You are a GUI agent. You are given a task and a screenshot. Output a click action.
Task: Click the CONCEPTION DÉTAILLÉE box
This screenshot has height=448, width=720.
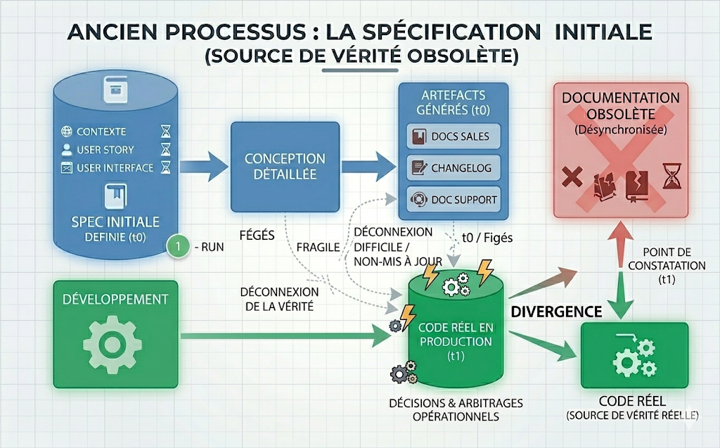click(285, 166)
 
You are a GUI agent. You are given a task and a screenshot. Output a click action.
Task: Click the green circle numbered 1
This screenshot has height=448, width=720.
click(179, 246)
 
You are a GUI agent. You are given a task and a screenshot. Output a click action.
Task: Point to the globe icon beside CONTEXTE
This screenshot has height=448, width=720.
click(67, 132)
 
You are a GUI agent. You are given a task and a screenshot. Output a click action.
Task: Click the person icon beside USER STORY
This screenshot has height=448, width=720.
click(67, 150)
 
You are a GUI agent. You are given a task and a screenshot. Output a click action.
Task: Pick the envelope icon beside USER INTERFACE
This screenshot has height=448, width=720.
click(67, 168)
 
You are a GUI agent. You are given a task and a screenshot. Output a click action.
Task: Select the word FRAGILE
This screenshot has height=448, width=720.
click(319, 248)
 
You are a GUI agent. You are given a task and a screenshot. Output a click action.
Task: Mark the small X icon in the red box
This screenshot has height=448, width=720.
click(572, 176)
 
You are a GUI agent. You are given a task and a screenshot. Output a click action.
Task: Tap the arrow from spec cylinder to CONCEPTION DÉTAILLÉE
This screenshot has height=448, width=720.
click(204, 167)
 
